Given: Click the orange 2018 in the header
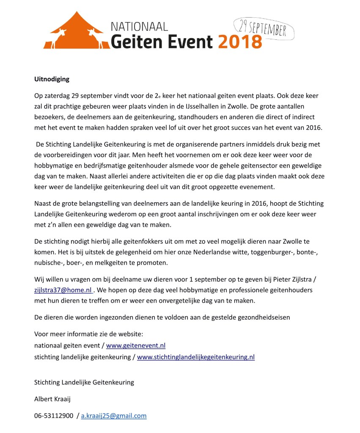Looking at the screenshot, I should pos(240,41).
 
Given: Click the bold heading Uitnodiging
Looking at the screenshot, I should pos(52,79).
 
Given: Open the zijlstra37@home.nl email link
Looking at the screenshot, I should pos(63,290).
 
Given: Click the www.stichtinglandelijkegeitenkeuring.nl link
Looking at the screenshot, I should pos(196,356).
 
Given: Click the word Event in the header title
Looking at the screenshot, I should pos(185,41).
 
